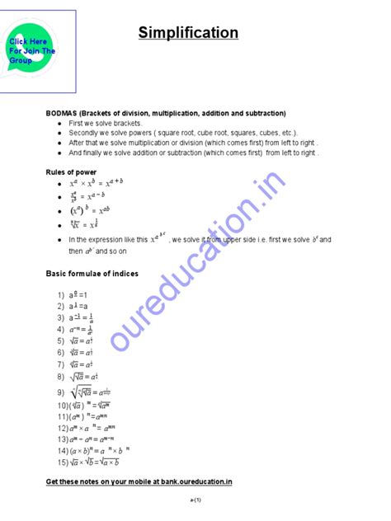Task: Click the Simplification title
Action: pos(188,34)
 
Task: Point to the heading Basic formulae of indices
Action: pos(92,273)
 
